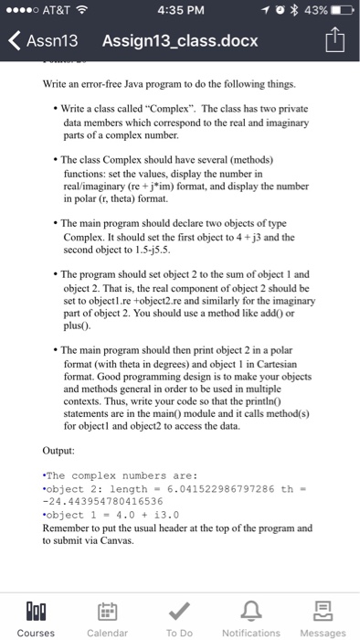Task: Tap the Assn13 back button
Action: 41,41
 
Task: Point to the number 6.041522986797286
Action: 217,488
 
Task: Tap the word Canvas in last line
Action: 133,539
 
